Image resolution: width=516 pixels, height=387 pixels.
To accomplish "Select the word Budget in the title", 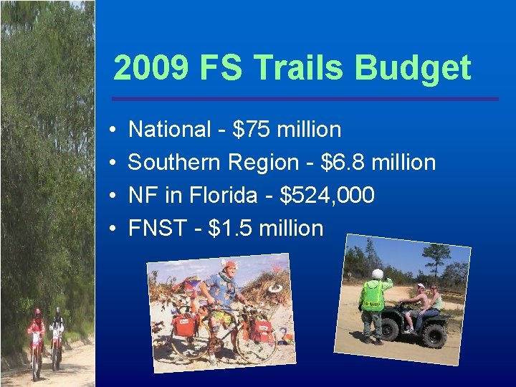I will click(412, 69).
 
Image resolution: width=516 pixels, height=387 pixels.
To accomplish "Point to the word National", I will click(169, 130).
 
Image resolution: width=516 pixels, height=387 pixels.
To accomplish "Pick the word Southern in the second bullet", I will click(174, 163).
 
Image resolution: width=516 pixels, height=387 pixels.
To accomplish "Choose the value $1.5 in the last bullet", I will click(230, 228).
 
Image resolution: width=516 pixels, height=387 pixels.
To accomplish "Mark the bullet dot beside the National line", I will click(113, 130).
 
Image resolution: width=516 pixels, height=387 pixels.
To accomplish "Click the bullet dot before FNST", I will click(113, 229).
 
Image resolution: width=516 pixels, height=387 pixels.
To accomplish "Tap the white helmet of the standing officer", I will click(377, 274).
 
